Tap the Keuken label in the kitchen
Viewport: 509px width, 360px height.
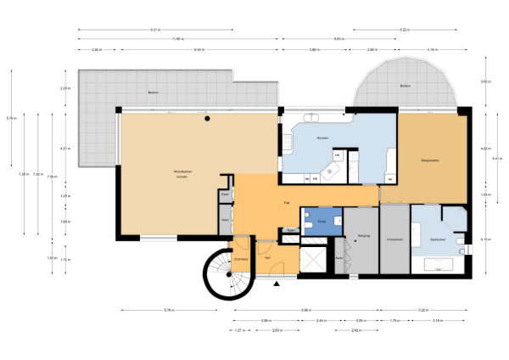click(x=322, y=138)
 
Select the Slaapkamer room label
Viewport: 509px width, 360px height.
click(x=430, y=160)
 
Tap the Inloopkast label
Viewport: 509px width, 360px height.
click(x=394, y=239)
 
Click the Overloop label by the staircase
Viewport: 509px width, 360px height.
click(x=241, y=258)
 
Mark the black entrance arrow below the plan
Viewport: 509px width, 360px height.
click(x=276, y=285)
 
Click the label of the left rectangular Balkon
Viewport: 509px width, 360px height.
click(x=154, y=92)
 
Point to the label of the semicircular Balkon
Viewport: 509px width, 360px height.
click(x=406, y=87)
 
